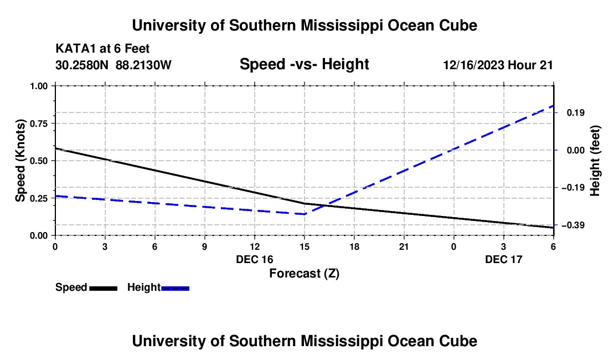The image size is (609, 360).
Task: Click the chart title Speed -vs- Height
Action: pyautogui.click(x=304, y=64)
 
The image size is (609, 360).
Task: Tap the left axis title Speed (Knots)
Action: pyautogui.click(x=20, y=161)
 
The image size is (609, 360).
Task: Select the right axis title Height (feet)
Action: pyautogui.click(x=595, y=161)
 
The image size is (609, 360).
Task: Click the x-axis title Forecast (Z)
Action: pyautogui.click(x=304, y=273)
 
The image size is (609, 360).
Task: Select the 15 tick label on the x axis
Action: pyautogui.click(x=304, y=246)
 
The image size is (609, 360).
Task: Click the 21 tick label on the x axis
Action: pyautogui.click(x=404, y=246)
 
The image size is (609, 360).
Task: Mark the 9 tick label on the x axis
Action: pyautogui.click(x=204, y=246)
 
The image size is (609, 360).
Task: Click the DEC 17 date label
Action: pyautogui.click(x=503, y=259)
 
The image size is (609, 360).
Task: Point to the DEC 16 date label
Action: pyautogui.click(x=254, y=259)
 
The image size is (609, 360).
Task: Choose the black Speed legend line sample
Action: pyautogui.click(x=104, y=287)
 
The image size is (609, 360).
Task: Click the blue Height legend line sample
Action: pyautogui.click(x=176, y=287)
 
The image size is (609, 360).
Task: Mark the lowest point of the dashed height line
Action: pyautogui.click(x=304, y=214)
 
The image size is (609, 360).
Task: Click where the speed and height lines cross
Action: pyautogui.click(x=325, y=205)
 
